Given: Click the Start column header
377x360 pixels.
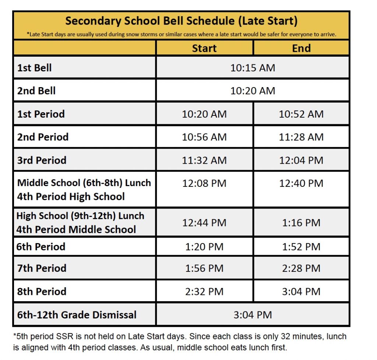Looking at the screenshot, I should tap(204, 48).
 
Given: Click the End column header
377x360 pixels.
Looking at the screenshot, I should tap(301, 48).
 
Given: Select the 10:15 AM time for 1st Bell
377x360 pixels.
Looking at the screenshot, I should tap(253, 68).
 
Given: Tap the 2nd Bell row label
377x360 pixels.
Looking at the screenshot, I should tap(36, 91).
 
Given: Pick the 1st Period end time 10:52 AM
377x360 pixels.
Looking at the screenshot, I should tap(301, 114).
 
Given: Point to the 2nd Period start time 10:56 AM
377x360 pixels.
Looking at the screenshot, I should tap(204, 137).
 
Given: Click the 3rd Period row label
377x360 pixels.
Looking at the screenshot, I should tap(42, 160).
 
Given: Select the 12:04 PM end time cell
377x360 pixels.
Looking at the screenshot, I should tap(301, 160).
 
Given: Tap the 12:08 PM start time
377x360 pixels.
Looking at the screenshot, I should tap(204, 183).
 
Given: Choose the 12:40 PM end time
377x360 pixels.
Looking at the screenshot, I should tap(301, 183).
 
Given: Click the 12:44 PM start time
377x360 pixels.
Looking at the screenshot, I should tap(204, 222).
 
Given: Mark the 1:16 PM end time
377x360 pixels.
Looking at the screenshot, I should tap(301, 222).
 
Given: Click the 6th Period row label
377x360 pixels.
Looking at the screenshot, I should tap(41, 247).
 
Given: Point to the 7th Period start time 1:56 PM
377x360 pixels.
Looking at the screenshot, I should tap(204, 268).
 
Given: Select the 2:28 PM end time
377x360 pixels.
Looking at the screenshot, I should tap(301, 268).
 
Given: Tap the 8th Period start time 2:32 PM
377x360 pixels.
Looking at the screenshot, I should tap(204, 292).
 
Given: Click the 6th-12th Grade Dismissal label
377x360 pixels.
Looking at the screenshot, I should tap(77, 315).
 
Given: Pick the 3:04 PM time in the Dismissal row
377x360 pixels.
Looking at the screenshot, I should tap(253, 315).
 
